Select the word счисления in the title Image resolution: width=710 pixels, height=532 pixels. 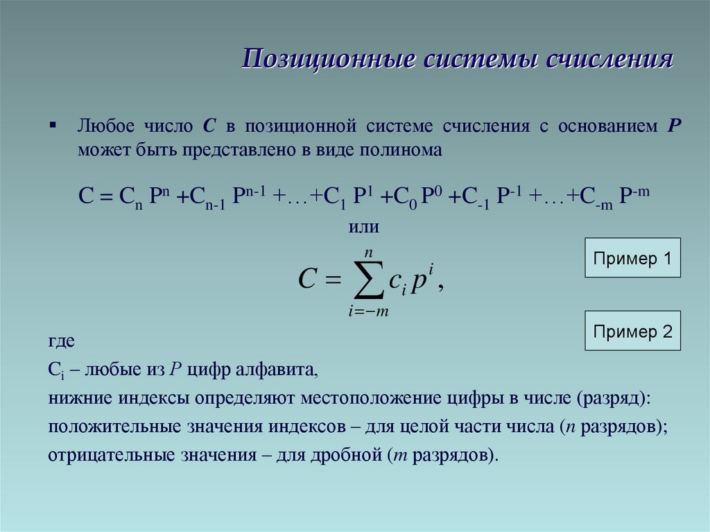(610, 60)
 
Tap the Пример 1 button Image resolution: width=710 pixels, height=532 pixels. (633, 259)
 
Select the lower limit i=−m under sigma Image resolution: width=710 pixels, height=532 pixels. (368, 311)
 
